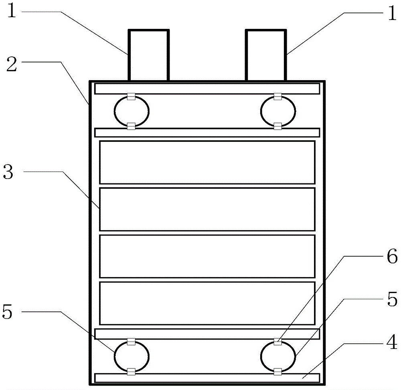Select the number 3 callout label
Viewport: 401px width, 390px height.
(x=8, y=172)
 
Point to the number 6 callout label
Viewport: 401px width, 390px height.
(x=392, y=256)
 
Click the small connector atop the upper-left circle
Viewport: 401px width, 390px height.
(x=131, y=96)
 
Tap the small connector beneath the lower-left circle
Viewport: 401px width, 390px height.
(x=131, y=372)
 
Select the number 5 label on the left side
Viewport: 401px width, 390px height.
(x=7, y=312)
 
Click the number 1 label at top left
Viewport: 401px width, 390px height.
(x=12, y=11)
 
